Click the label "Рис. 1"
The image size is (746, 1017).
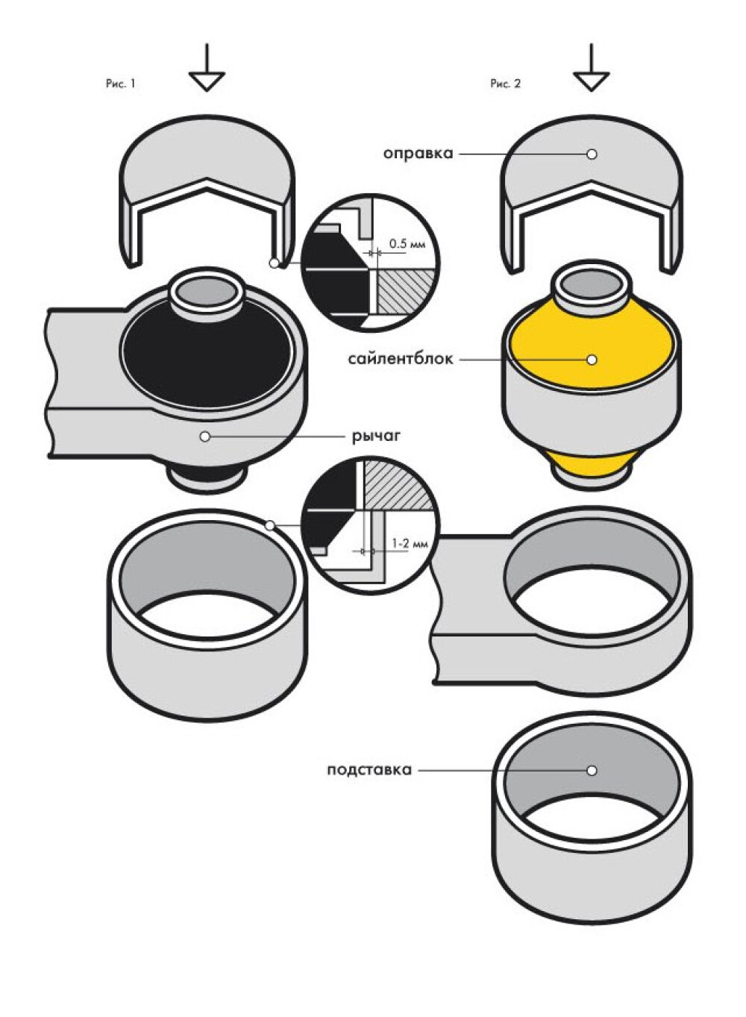tap(121, 84)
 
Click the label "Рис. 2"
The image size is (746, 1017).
tap(505, 84)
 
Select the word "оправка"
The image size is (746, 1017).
tap(419, 154)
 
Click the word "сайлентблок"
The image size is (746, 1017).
tap(401, 359)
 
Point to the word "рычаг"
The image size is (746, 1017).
tap(377, 436)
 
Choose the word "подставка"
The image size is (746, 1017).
tap(369, 770)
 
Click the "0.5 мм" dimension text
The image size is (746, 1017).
tap(407, 244)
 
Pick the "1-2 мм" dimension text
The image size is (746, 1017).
tap(410, 543)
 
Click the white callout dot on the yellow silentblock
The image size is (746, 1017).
tap(592, 360)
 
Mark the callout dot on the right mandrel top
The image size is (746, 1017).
tap(592, 154)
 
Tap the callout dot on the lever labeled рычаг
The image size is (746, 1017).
tap(205, 436)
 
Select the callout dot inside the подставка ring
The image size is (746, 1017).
tap(592, 771)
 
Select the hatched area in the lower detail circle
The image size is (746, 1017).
tap(395, 484)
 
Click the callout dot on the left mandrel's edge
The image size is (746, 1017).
tap(274, 263)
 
